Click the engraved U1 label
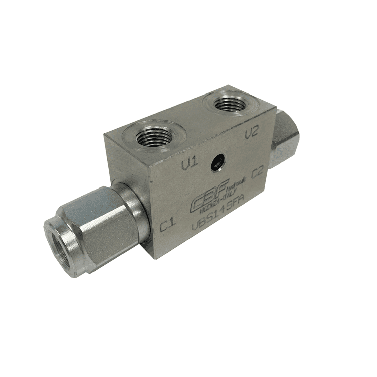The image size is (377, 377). point(190,165)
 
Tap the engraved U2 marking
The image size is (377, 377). point(251,133)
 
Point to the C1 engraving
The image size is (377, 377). point(167,227)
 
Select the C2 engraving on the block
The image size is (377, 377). point(257,172)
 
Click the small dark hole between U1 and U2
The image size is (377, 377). point(219,161)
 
